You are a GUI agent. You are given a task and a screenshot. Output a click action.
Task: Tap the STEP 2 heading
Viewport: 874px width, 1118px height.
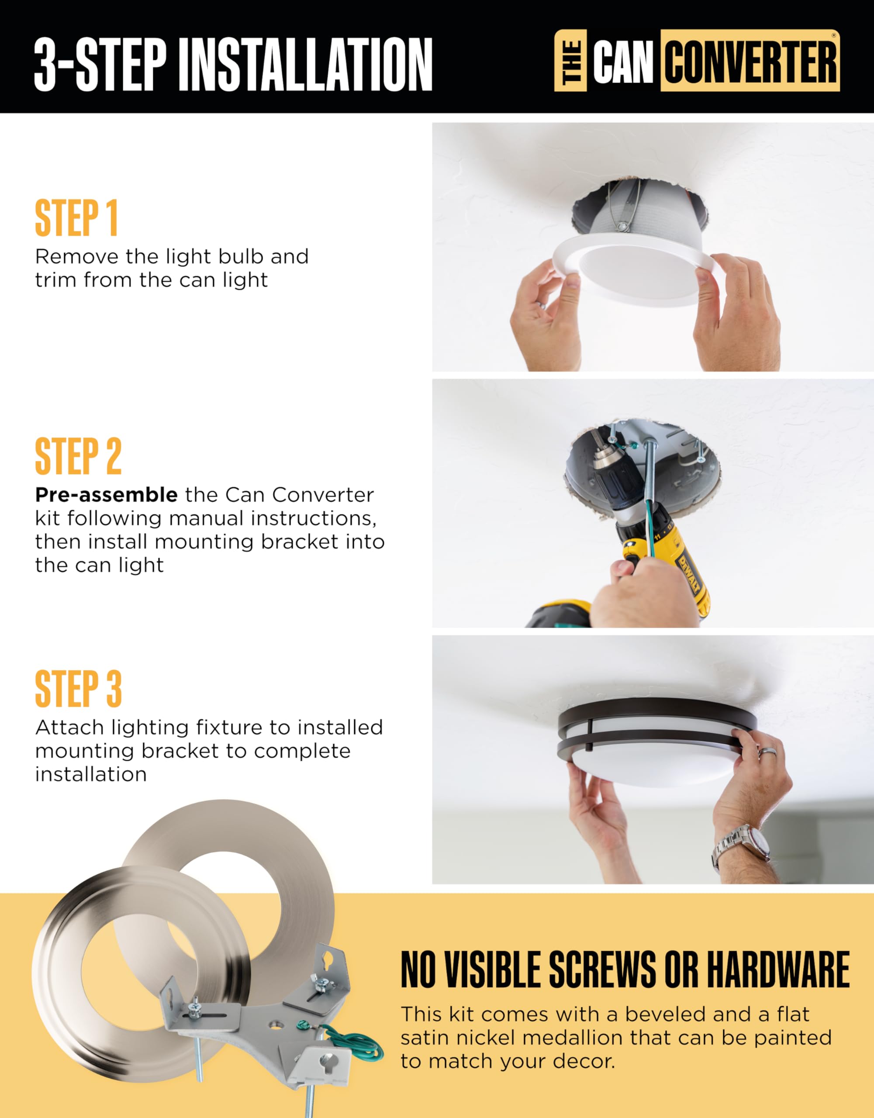pos(78,456)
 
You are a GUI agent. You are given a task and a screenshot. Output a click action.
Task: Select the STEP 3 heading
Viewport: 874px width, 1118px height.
pos(78,689)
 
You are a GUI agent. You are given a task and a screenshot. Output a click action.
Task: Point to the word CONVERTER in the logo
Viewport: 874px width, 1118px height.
pos(750,62)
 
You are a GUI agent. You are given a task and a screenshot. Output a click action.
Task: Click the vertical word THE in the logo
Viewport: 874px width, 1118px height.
pos(571,61)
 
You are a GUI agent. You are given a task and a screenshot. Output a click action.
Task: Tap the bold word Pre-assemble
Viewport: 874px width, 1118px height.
pos(107,495)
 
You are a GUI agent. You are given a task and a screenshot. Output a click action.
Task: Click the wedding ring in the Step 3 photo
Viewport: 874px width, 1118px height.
pos(767,752)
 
